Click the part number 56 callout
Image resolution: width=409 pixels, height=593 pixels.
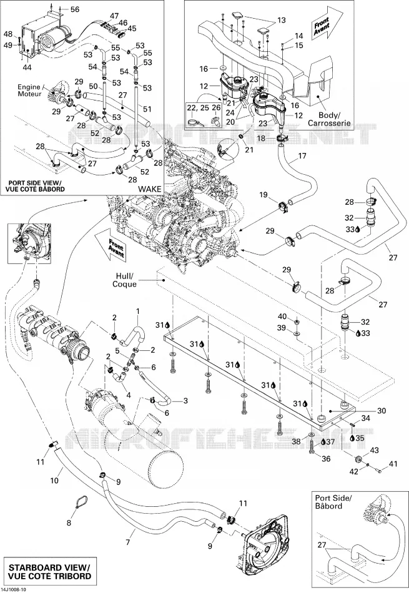[x=75, y=9]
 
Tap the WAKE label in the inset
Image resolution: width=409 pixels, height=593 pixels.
[x=149, y=189]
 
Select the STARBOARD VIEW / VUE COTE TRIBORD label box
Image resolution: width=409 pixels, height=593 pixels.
[x=49, y=571]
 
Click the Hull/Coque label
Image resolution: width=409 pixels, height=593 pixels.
[x=124, y=280]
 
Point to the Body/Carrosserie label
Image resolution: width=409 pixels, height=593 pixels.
[x=329, y=119]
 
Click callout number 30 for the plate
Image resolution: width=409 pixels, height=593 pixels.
[x=382, y=410]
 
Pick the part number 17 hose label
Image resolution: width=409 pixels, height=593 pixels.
[x=302, y=155]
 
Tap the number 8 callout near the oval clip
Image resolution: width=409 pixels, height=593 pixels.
[x=69, y=523]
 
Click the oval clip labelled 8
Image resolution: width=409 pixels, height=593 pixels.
[x=82, y=502]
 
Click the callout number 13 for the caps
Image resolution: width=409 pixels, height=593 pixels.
[x=281, y=20]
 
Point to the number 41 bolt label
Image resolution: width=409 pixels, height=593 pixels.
[x=393, y=463]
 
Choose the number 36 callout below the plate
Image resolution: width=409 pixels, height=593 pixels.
[x=326, y=459]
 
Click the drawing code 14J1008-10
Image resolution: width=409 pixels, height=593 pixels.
[x=14, y=590]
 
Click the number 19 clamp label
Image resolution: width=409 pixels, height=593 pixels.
[x=264, y=195]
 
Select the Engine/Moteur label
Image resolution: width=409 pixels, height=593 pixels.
[x=29, y=90]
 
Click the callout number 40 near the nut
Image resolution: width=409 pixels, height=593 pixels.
[x=282, y=316]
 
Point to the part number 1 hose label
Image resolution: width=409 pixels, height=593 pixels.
[x=138, y=311]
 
